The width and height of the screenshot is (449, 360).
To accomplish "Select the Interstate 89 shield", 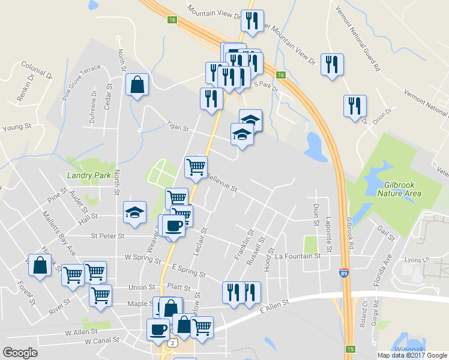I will click(344, 272).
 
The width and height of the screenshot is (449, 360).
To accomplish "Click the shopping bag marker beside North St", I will click(137, 85).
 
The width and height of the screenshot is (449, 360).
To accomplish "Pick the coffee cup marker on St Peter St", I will click(173, 226).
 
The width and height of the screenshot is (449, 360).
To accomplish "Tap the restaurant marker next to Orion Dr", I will click(355, 106).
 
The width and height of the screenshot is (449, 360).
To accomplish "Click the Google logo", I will click(20, 353).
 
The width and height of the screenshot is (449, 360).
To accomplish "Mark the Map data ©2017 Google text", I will click(412, 355).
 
